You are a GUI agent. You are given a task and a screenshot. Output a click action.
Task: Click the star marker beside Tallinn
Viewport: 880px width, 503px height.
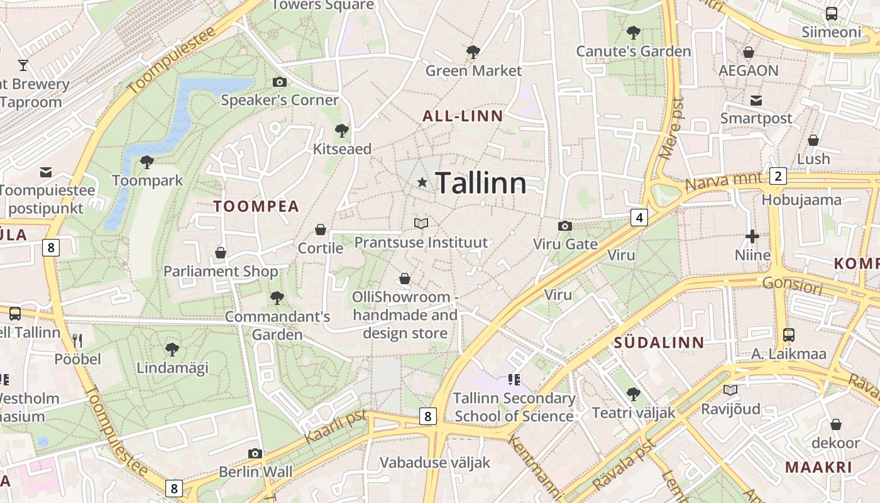[422, 182]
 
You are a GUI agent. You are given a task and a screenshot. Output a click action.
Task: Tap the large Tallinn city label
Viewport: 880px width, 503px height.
[481, 183]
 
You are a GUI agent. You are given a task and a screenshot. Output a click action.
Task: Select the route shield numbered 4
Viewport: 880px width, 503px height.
[639, 218]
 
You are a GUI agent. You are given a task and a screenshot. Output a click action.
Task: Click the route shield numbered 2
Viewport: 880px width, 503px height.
[778, 176]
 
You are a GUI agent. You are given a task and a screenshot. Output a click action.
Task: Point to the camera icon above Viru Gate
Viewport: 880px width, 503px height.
[564, 226]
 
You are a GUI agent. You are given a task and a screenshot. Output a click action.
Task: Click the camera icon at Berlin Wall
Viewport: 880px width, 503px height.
[255, 453]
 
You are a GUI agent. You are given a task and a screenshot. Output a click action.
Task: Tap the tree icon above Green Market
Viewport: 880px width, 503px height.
[473, 52]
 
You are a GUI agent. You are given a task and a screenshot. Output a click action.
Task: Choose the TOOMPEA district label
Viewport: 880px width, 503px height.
[256, 206]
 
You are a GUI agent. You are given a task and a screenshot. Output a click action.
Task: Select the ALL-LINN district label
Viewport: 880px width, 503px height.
[463, 116]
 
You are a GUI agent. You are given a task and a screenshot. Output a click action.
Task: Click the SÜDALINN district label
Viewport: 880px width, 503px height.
[659, 343]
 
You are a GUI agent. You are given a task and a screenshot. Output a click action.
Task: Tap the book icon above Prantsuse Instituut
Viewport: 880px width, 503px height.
[421, 223]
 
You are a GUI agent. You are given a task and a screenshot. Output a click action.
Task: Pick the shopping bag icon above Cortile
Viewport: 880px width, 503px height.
[321, 229]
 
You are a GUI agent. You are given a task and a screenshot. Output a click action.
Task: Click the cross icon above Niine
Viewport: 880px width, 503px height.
[752, 236]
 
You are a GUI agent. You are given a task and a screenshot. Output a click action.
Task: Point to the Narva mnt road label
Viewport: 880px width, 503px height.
[718, 182]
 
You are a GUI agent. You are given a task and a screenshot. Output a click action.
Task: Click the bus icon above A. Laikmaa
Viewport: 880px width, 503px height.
[789, 335]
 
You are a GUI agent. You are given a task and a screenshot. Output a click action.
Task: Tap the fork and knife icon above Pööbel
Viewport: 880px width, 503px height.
[77, 341]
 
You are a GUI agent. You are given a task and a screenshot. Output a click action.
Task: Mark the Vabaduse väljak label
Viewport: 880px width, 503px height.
[435, 463]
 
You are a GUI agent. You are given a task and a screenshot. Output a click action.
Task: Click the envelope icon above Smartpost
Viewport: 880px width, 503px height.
[756, 100]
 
